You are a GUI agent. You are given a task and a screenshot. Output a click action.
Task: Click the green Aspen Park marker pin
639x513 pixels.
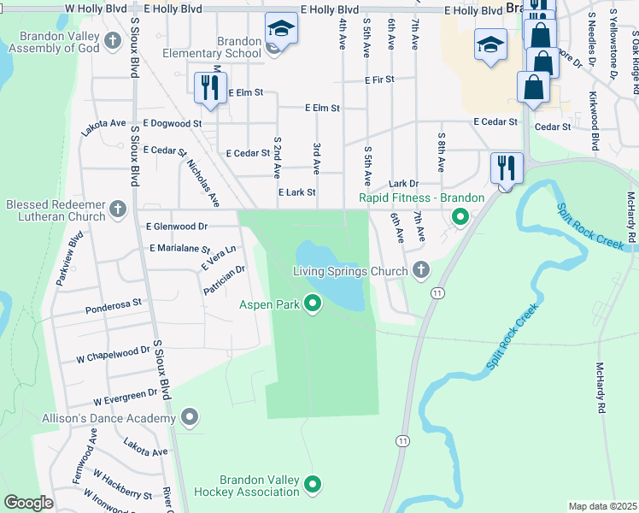[x=313, y=304]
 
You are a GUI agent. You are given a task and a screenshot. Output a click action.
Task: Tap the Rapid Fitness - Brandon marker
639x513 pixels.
[x=460, y=217]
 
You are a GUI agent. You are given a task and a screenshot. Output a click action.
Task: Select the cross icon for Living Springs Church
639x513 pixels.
[x=419, y=271]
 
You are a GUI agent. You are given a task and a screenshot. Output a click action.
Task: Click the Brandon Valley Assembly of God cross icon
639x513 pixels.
[x=112, y=41]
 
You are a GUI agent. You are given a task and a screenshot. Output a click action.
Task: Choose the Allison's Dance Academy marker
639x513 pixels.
[x=190, y=417]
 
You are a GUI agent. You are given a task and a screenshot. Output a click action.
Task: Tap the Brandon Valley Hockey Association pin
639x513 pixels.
[x=313, y=484]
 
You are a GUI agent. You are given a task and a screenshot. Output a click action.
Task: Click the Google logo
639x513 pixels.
[x=28, y=502]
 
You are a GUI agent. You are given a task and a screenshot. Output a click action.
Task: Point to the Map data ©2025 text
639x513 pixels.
[x=601, y=506]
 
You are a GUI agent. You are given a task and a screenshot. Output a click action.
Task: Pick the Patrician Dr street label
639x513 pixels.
[x=224, y=280]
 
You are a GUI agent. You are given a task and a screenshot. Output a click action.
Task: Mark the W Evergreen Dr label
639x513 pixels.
[x=126, y=397]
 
